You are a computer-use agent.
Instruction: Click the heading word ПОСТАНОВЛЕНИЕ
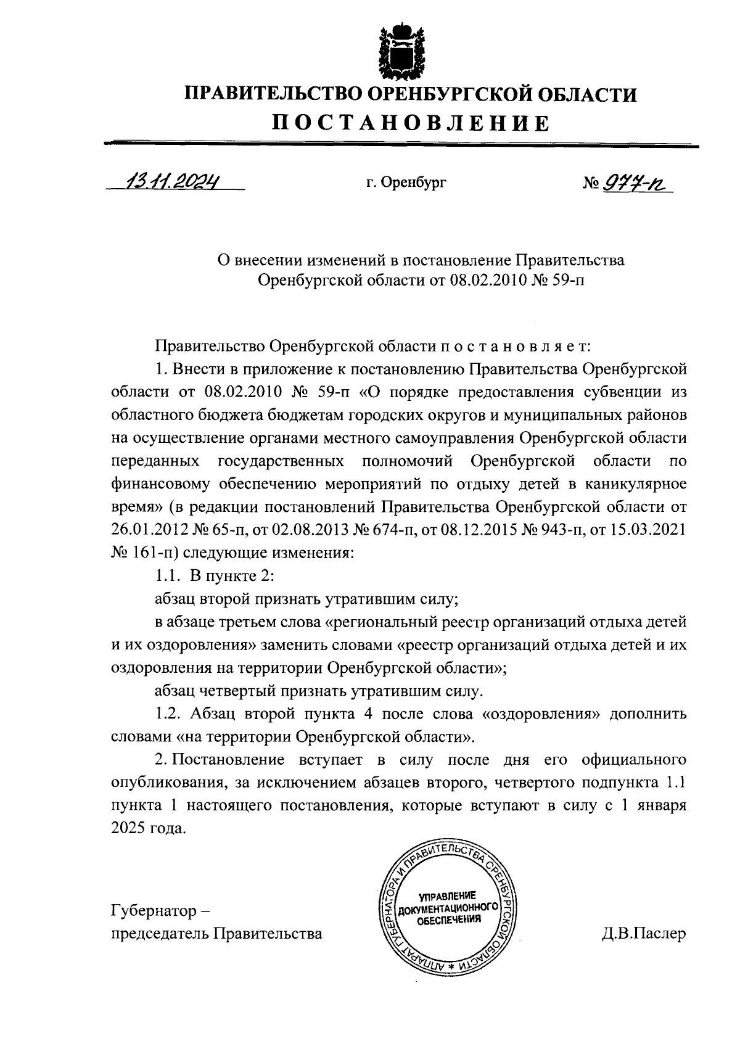411,123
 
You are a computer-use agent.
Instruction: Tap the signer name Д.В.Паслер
644,933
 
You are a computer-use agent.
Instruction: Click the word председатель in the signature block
160,934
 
